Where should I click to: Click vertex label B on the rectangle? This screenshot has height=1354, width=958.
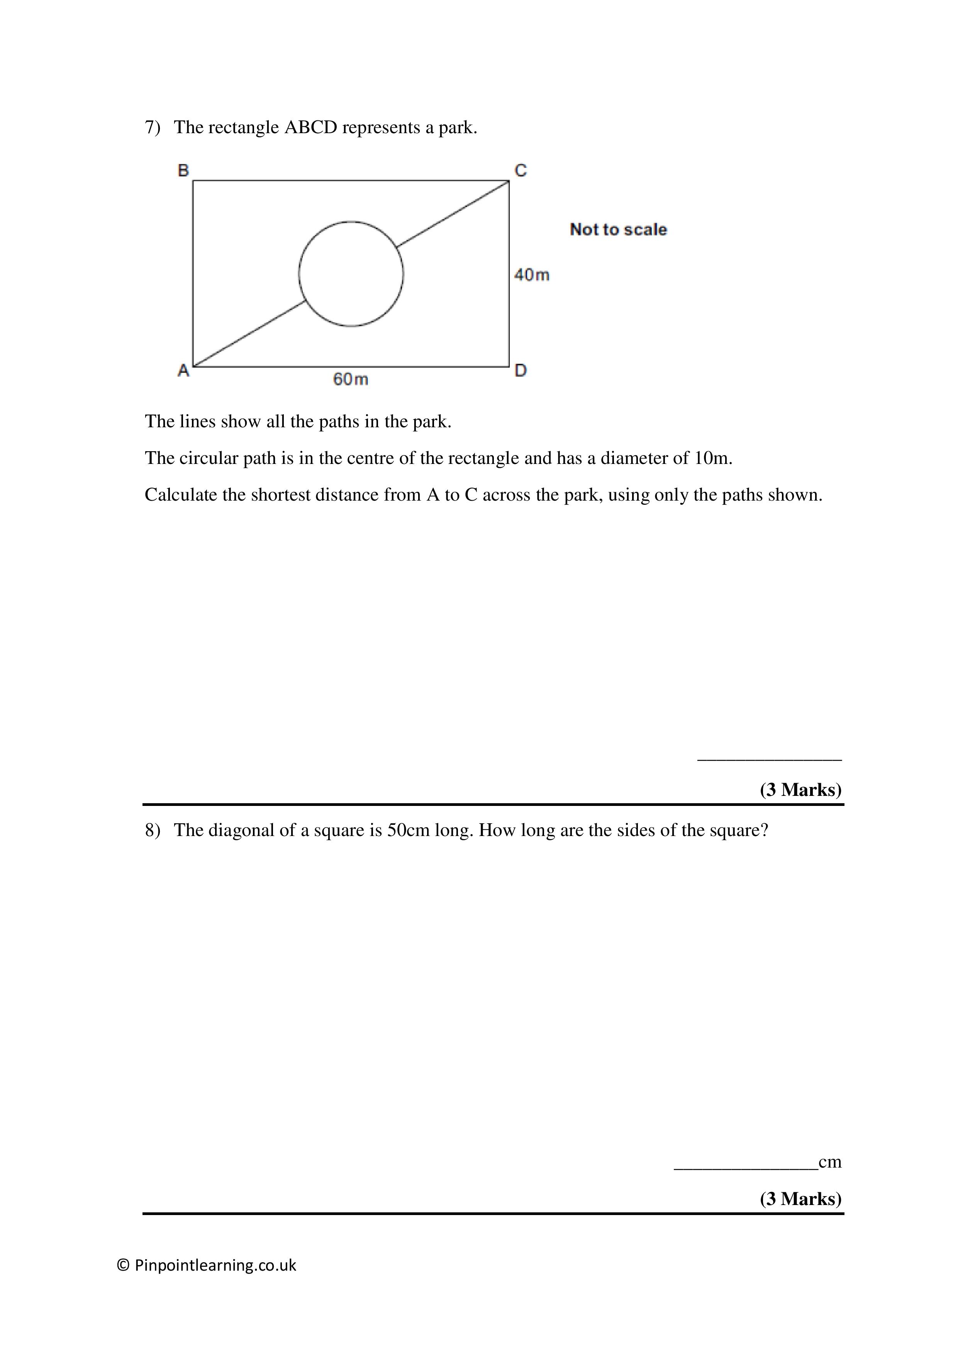[183, 171]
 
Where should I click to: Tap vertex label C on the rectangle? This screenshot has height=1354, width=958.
[520, 171]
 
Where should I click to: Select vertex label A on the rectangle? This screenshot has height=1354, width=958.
[183, 371]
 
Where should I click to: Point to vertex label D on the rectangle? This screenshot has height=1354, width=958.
[520, 371]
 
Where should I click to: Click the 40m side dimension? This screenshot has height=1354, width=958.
[531, 275]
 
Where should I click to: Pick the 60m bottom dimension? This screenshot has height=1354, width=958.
[350, 379]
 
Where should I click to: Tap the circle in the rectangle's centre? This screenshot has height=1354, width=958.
[351, 274]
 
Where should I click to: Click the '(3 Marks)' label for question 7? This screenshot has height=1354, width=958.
[800, 790]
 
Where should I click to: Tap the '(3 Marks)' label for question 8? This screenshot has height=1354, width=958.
[800, 1199]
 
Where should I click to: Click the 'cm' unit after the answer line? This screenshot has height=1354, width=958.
[830, 1162]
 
